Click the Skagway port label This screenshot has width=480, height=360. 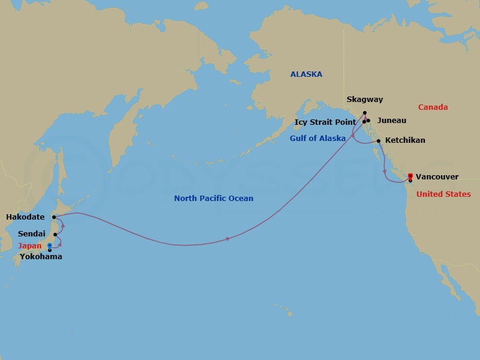(364, 100)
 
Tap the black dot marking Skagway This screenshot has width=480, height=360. (364, 112)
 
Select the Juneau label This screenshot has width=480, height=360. (392, 121)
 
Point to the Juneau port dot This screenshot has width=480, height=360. (368, 121)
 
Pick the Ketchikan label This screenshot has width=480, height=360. (405, 140)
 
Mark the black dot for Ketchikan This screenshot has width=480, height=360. (378, 141)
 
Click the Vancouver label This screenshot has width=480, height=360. (437, 177)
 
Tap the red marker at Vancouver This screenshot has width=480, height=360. (410, 176)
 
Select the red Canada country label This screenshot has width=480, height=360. (433, 107)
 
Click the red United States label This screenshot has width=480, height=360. (443, 194)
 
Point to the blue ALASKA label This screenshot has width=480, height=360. (306, 74)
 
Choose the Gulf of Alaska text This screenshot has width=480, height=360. (317, 139)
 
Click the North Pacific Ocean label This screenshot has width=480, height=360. (214, 199)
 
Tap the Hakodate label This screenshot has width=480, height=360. (25, 217)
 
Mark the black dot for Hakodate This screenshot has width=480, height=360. (53, 217)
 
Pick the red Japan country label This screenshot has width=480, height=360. (29, 246)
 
